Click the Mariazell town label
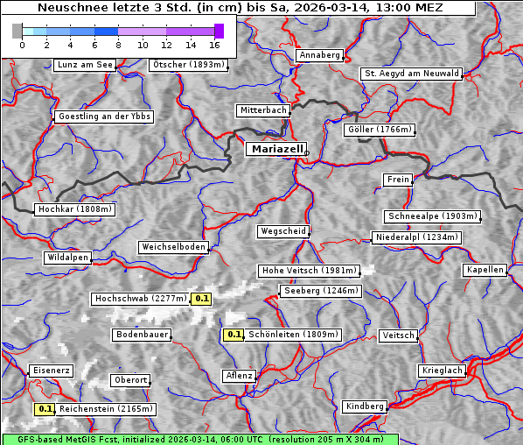click(x=275, y=149)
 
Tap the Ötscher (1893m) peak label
click(x=189, y=65)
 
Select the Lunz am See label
click(x=84, y=65)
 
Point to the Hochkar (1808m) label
click(x=75, y=209)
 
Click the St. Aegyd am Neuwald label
click(x=411, y=74)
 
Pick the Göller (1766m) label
click(x=380, y=130)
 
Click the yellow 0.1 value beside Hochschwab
click(x=202, y=299)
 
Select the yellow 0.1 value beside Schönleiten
click(x=234, y=334)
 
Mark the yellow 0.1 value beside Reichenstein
click(x=45, y=408)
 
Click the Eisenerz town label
click(x=50, y=371)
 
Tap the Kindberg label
click(x=365, y=406)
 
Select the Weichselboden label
click(x=173, y=247)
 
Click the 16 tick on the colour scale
click(x=214, y=44)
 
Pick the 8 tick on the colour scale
click(x=118, y=44)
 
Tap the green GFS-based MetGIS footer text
click(x=199, y=439)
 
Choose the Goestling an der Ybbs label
click(x=103, y=117)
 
